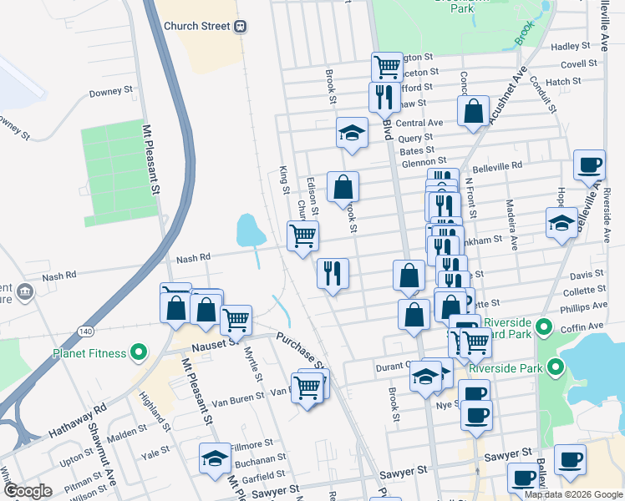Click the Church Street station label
point(196,26)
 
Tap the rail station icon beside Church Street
point(241,26)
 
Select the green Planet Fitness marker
point(140,352)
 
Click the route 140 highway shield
point(85,308)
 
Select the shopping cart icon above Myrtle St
point(236,318)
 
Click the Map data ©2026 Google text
point(574,494)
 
